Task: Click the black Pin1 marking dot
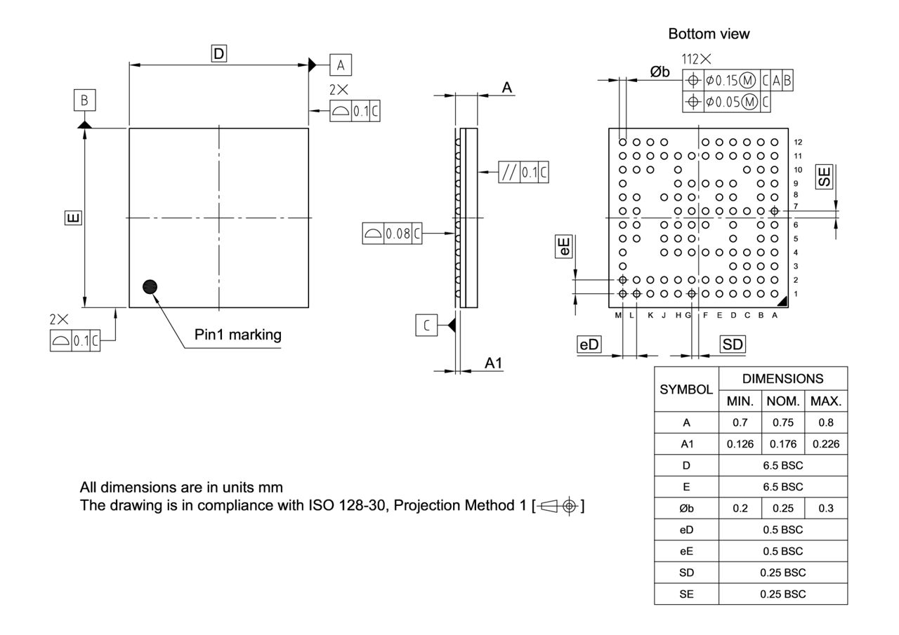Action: point(150,286)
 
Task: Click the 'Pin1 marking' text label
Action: point(238,335)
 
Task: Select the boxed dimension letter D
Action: point(219,53)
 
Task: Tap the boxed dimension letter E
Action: point(72,218)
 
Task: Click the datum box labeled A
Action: point(341,65)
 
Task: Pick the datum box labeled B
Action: point(84,100)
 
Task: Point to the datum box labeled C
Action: point(426,325)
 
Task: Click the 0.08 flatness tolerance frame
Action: point(393,234)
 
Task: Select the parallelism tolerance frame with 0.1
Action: point(523,172)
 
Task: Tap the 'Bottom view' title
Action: point(709,34)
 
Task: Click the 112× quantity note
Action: point(696,60)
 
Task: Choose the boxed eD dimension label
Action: point(589,345)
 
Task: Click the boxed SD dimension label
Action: point(733,345)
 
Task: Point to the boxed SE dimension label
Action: point(824,176)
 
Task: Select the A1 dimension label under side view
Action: point(494,363)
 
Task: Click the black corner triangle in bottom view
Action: point(781,301)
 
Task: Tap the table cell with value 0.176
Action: point(782,444)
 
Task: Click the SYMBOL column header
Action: point(686,388)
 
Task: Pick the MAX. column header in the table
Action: point(825,401)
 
